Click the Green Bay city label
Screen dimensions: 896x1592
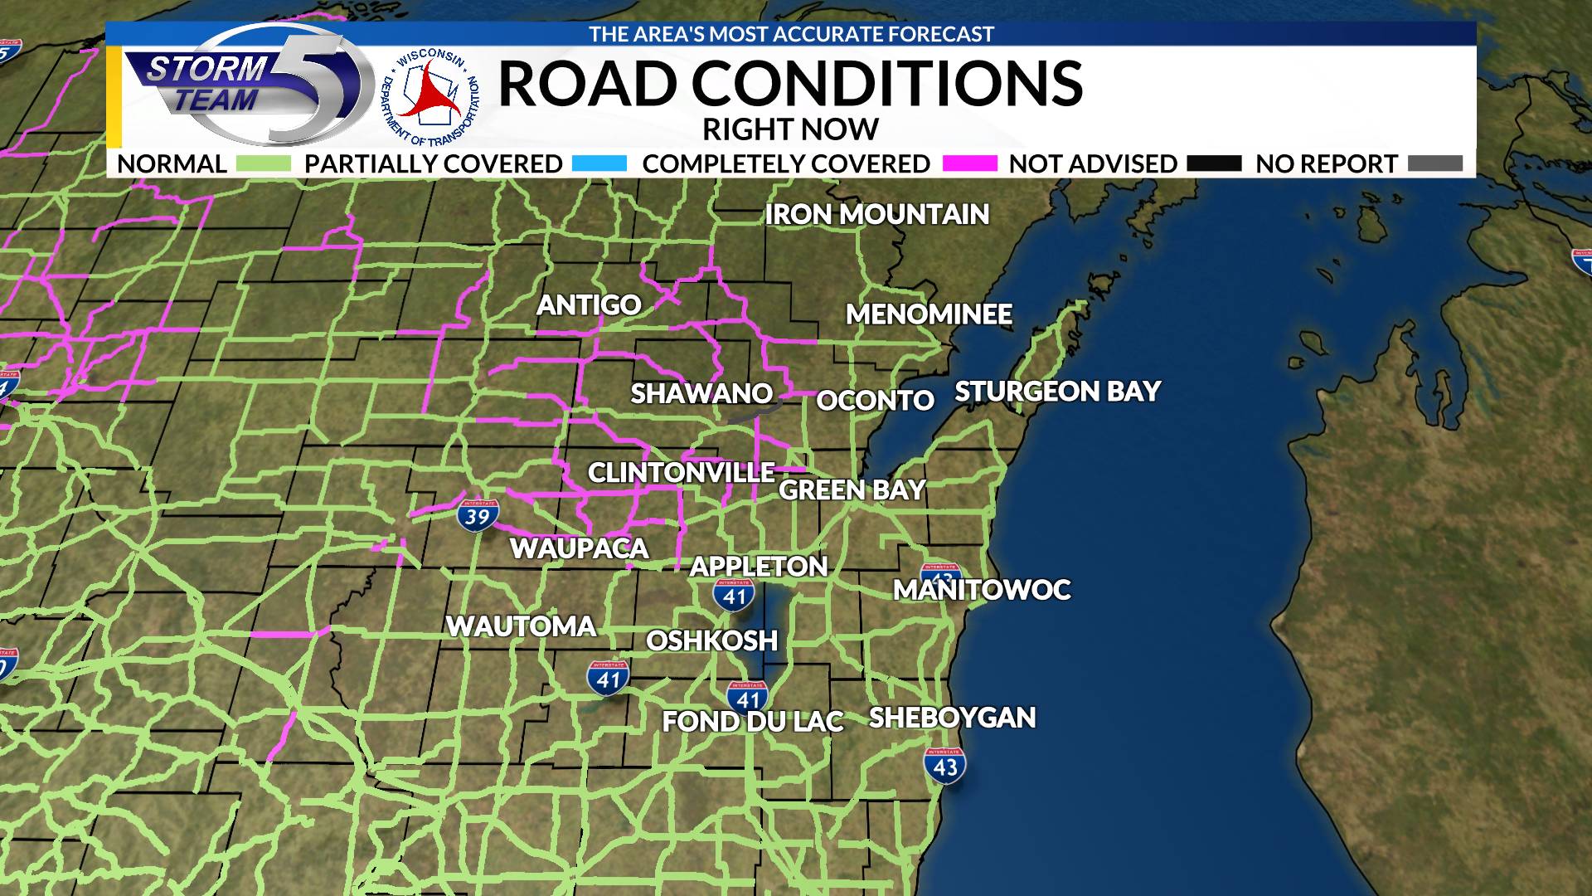pyautogui.click(x=852, y=489)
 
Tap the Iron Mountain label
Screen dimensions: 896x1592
pyautogui.click(x=876, y=214)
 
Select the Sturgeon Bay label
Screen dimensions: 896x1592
pyautogui.click(x=1057, y=391)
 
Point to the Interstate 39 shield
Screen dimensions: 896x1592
pyautogui.click(x=478, y=515)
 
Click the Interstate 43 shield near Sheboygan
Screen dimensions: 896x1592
pyautogui.click(x=945, y=765)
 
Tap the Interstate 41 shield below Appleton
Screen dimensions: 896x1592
pyautogui.click(x=734, y=594)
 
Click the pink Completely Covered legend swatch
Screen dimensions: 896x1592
pyautogui.click(x=969, y=163)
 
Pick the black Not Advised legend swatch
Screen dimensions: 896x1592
pyautogui.click(x=1214, y=163)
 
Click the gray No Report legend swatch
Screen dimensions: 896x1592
pyautogui.click(x=1435, y=163)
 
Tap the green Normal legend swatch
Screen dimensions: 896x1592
pyautogui.click(x=264, y=163)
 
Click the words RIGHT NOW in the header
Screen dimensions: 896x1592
pyautogui.click(x=790, y=129)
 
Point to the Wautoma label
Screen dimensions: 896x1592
pyautogui.click(x=521, y=626)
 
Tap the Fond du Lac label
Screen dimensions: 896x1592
pyautogui.click(x=752, y=721)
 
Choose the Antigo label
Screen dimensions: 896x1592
pyautogui.click(x=589, y=304)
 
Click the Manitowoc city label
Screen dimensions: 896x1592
pyautogui.click(x=982, y=590)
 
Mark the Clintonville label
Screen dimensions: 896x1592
pyautogui.click(x=681, y=472)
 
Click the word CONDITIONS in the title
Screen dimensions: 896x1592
pyautogui.click(x=887, y=83)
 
